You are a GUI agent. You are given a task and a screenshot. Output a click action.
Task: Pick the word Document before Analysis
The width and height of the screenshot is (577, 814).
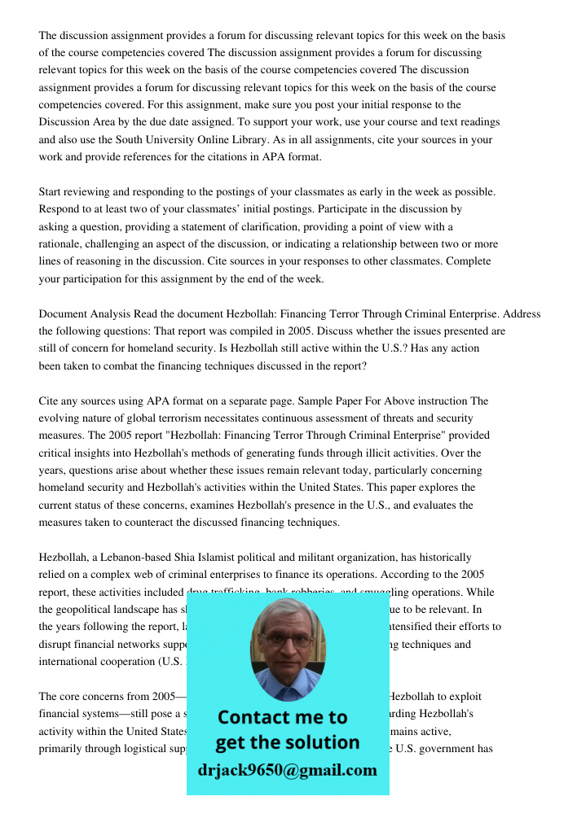[62, 314]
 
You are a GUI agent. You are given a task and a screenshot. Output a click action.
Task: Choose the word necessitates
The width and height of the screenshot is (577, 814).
[210, 418]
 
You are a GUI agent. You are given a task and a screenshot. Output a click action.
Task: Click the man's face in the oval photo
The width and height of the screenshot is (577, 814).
[288, 643]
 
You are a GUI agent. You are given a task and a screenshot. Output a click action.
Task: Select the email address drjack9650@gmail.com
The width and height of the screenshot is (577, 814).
[287, 770]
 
